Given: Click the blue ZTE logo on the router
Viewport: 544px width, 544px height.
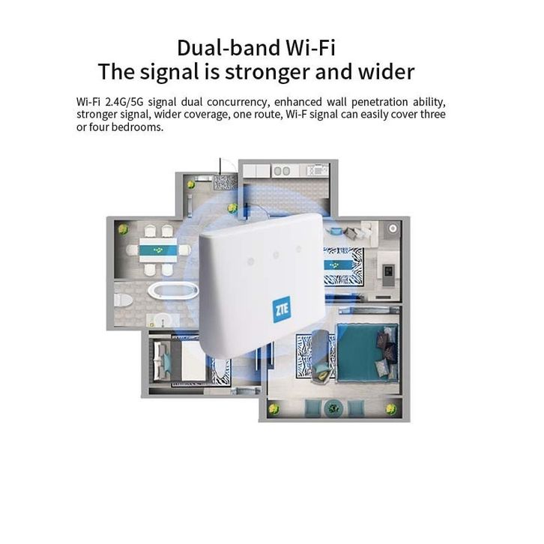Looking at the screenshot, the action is coord(281,309).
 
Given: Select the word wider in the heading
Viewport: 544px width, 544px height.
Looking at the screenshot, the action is coord(386,72).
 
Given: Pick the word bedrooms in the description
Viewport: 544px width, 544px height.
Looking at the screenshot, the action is coord(137,127).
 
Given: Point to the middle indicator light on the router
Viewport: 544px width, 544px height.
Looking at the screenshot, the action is coord(275,255).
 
